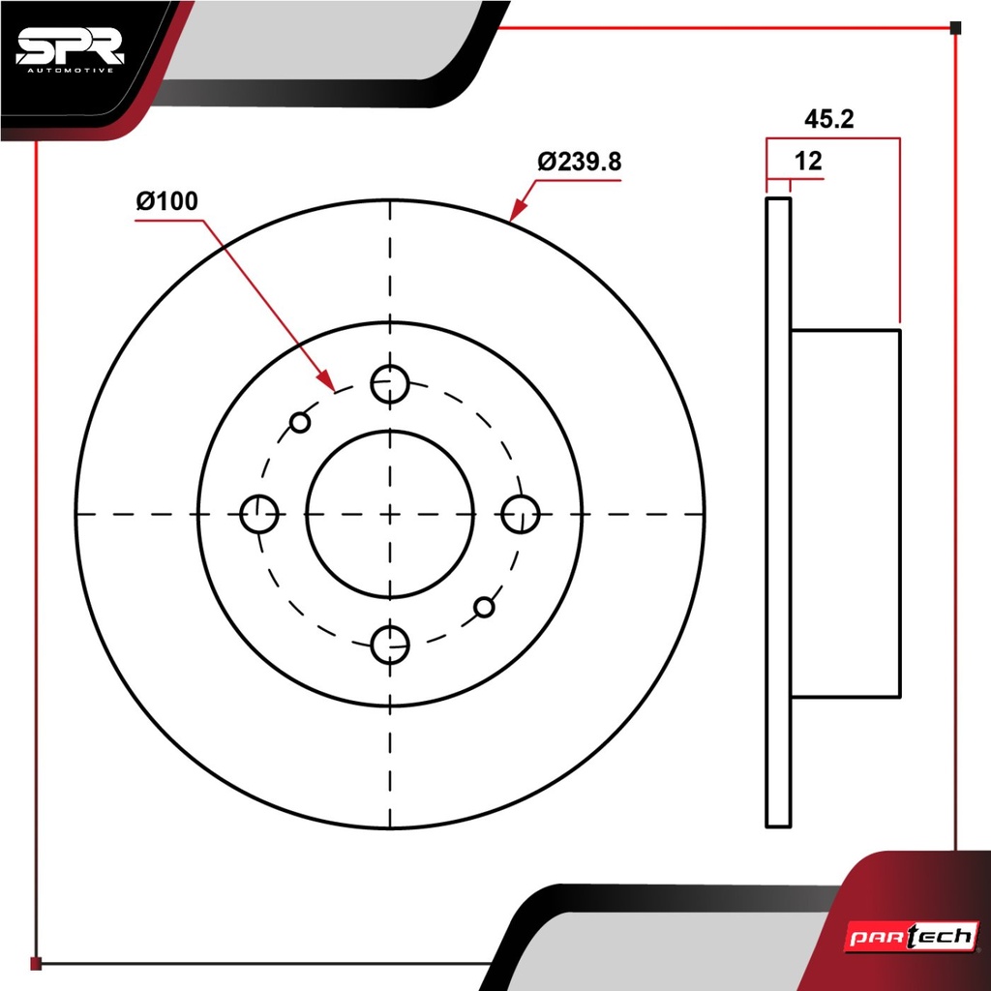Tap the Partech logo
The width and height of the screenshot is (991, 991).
(912, 936)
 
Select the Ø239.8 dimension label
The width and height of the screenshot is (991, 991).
(580, 162)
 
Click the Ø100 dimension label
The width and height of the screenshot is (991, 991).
(166, 201)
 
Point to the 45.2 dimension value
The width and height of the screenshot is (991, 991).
(828, 119)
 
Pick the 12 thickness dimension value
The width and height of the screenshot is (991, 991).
(808, 162)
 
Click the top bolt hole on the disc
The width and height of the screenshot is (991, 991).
(390, 383)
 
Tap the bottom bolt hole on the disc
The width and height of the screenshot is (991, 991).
(390, 645)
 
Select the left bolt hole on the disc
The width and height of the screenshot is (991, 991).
(259, 514)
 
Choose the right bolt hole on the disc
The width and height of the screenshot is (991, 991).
(520, 514)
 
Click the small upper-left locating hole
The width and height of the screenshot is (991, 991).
(300, 422)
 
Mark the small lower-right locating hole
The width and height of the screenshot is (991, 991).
(484, 608)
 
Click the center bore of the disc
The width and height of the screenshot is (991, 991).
(390, 514)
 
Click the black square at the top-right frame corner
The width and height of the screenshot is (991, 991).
(955, 28)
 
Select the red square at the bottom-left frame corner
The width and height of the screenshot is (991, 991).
(36, 964)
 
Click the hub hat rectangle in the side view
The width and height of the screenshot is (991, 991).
(846, 514)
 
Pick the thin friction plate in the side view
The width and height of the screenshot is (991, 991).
(778, 513)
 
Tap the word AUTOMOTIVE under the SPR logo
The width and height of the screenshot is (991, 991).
(70, 70)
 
